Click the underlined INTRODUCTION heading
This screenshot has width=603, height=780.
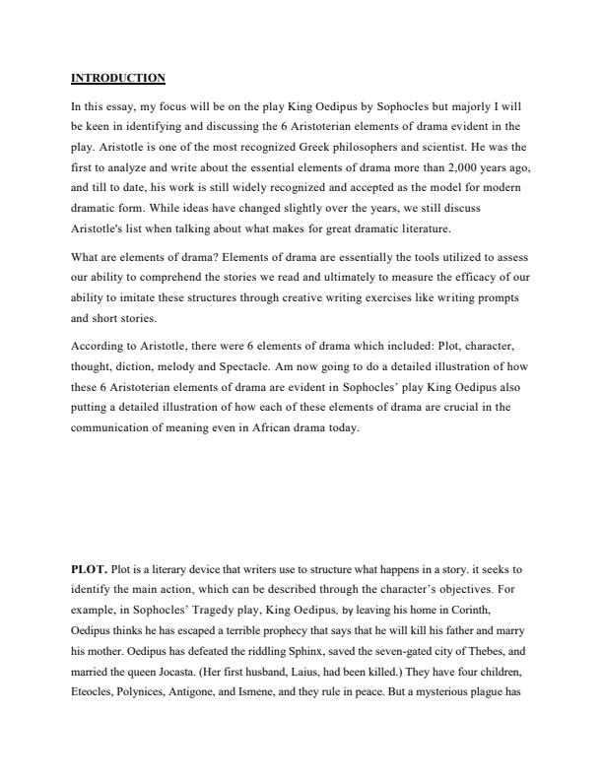point(118,78)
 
